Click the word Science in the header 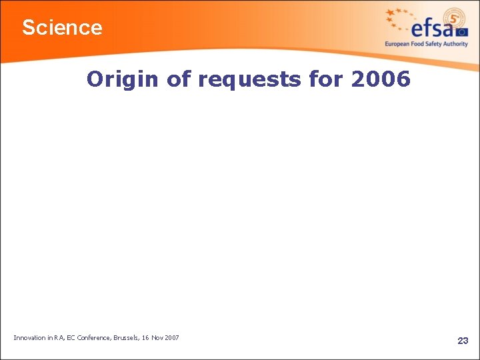click(62, 28)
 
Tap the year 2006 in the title click(380, 79)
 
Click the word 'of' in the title click(179, 79)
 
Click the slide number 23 click(463, 341)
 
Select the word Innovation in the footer click(30, 338)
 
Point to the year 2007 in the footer click(171, 338)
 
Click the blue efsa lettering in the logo click(433, 28)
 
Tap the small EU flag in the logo click(462, 31)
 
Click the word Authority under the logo click(455, 44)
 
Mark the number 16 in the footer click(145, 338)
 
